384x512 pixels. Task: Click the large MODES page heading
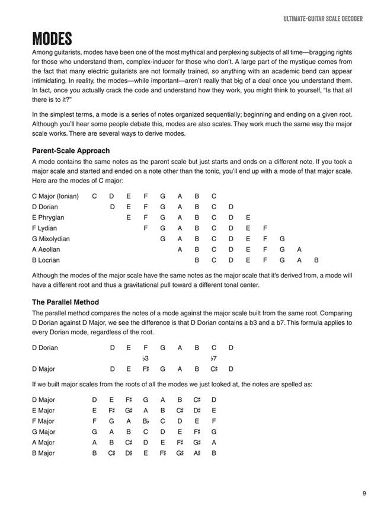tap(52, 39)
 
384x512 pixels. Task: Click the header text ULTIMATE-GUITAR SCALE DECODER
tap(323, 19)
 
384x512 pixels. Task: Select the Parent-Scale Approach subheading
tap(71, 151)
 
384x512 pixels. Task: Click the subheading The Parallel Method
tap(65, 302)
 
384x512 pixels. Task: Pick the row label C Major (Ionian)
tap(55, 196)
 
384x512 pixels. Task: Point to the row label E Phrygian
tap(48, 217)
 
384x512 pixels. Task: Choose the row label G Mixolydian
tap(51, 239)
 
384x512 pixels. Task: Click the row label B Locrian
tap(46, 260)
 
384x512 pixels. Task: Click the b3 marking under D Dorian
tap(145, 359)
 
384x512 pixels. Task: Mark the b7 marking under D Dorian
tap(213, 359)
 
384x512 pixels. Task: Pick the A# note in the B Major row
tap(197, 453)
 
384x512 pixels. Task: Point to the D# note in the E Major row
tap(197, 411)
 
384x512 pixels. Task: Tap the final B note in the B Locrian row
tap(316, 260)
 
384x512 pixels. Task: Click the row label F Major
tap(43, 421)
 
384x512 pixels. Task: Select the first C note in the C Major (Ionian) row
tap(95, 196)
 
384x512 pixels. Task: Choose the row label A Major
tap(43, 443)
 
